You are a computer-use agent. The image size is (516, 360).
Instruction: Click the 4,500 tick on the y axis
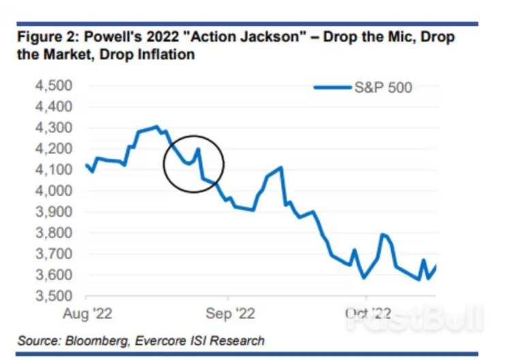[54, 86]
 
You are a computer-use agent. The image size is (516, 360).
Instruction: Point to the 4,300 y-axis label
[54, 128]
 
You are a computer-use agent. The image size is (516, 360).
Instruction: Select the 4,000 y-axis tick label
[54, 191]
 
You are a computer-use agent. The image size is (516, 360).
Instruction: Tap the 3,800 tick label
[54, 233]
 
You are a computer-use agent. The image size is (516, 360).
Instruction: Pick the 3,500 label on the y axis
[54, 297]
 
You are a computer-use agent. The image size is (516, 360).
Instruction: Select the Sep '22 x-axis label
[228, 314]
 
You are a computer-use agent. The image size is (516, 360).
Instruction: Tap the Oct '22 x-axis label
[366, 314]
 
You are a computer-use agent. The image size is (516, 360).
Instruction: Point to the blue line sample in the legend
[332, 87]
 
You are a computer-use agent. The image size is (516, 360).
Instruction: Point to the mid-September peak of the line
[280, 167]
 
